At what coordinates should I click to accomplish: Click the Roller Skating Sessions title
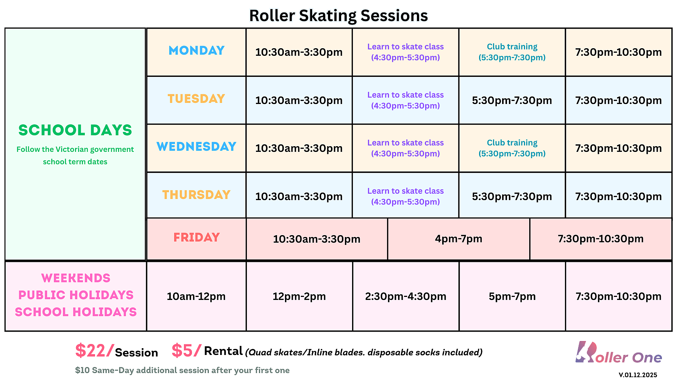click(338, 16)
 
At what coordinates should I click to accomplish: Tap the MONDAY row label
click(196, 50)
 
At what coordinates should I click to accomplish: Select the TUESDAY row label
click(196, 99)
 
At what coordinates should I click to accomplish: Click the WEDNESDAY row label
click(196, 147)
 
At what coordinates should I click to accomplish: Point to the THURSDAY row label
click(196, 195)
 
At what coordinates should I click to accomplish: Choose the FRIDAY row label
click(196, 237)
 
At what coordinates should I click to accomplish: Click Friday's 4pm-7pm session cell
click(459, 239)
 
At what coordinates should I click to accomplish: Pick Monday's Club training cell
click(512, 52)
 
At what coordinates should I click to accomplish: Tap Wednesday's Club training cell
click(512, 148)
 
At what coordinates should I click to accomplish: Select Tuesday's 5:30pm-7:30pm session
click(512, 100)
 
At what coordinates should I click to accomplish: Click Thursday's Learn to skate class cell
click(406, 196)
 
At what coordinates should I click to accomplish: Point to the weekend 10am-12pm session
click(196, 297)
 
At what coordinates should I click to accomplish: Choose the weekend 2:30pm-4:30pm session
click(406, 297)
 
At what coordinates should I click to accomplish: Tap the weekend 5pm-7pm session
click(512, 297)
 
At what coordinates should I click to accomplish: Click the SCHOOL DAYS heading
click(75, 130)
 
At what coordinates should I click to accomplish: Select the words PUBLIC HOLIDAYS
click(76, 295)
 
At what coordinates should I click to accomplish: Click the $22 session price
click(94, 351)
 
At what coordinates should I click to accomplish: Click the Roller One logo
click(619, 353)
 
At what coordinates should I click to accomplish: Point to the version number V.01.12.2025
click(638, 375)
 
